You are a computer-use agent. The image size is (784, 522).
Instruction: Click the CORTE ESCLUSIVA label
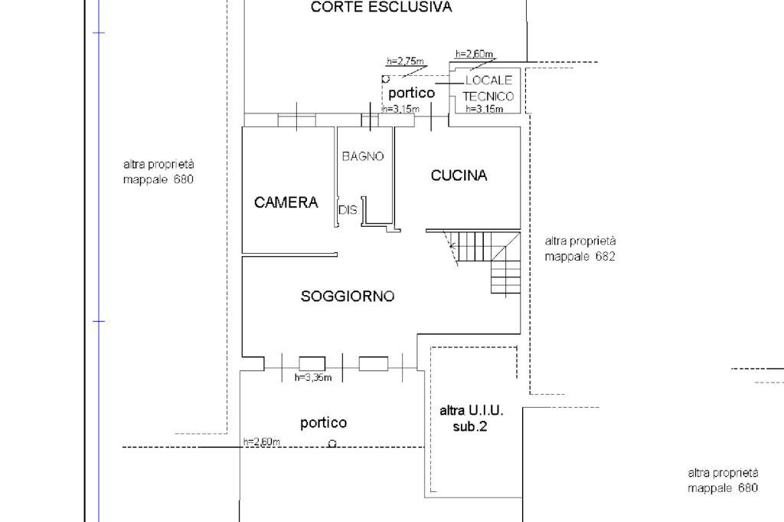[381, 8]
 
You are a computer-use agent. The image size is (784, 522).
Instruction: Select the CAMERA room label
[286, 203]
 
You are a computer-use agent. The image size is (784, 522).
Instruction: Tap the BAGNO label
[363, 156]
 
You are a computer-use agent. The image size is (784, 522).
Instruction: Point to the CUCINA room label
[459, 176]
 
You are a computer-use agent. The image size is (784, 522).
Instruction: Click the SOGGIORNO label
[348, 296]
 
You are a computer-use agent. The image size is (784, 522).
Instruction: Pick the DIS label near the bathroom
[348, 210]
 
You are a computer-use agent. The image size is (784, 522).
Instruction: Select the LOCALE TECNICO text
[488, 88]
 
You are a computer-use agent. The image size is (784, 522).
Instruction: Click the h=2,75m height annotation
[406, 61]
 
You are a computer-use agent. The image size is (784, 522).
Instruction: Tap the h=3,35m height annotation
[312, 377]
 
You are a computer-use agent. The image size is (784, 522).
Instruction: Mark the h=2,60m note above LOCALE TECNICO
[474, 54]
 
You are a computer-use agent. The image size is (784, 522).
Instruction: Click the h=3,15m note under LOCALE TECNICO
[485, 109]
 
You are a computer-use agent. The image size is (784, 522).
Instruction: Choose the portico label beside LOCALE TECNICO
[411, 93]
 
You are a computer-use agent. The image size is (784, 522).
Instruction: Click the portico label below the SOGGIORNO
[323, 422]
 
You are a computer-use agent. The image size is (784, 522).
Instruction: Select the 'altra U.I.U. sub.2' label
[471, 418]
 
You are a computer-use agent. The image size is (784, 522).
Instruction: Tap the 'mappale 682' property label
[580, 257]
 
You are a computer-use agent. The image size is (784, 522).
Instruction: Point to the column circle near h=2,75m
[386, 78]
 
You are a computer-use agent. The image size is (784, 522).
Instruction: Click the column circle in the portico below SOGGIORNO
[332, 443]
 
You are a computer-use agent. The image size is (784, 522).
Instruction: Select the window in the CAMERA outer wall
[296, 120]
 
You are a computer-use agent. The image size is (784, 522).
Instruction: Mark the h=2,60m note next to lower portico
[262, 442]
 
